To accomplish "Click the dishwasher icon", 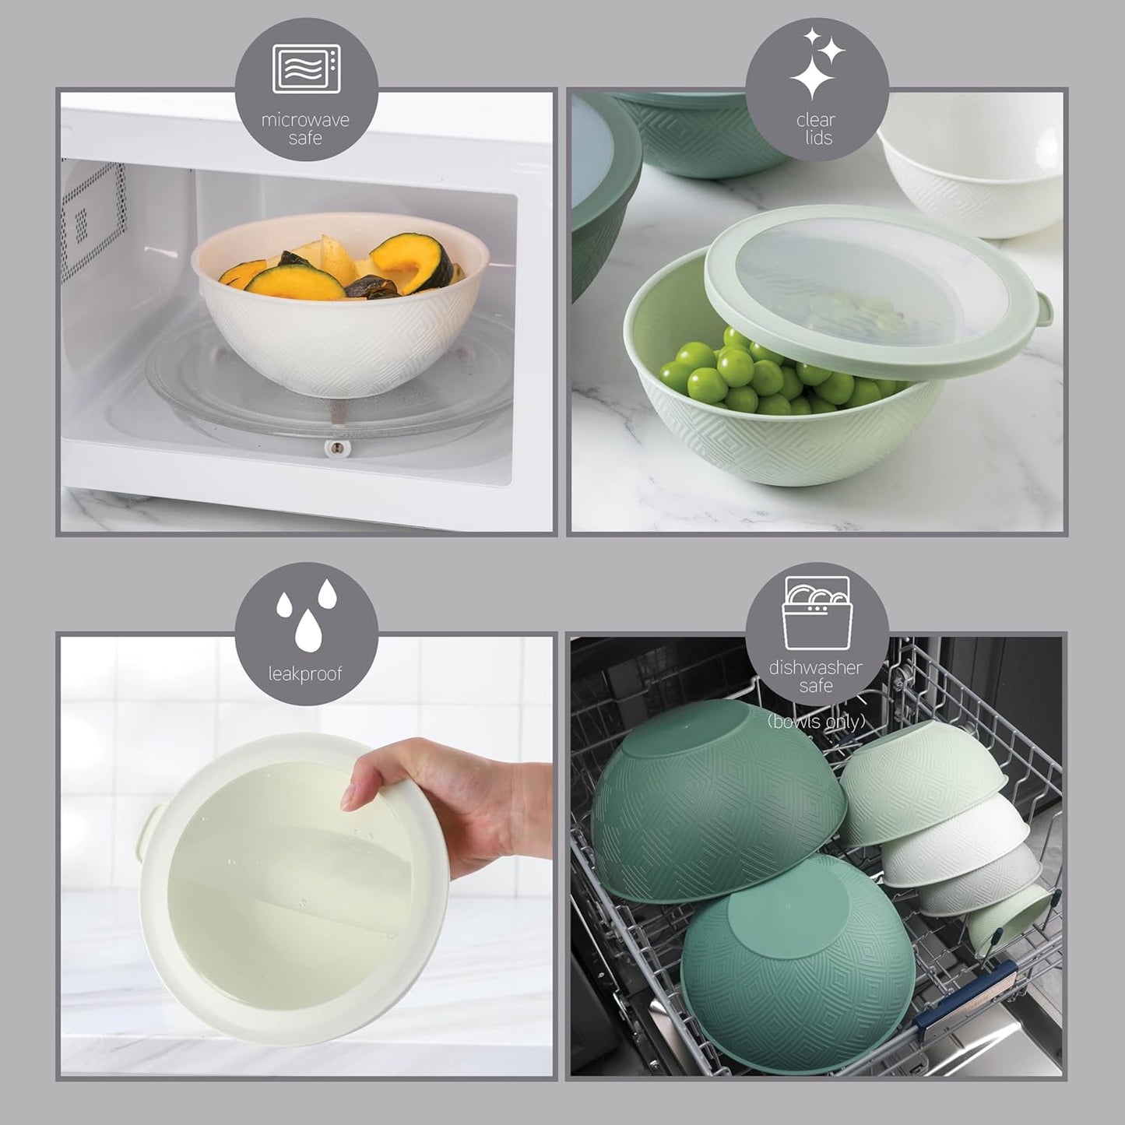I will tap(816, 613).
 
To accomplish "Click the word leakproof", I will tap(305, 673).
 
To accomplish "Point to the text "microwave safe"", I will tap(305, 128).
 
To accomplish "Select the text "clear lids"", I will tap(815, 128).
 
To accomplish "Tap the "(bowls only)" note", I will tap(816, 722).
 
